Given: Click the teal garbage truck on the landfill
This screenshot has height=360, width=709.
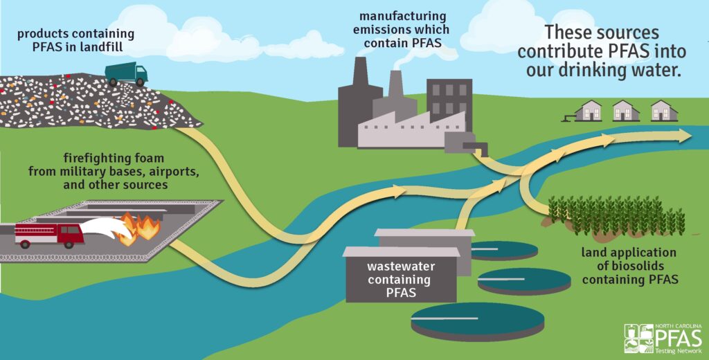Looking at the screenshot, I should (126, 73).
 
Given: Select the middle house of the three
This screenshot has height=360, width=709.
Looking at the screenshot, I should (625, 111).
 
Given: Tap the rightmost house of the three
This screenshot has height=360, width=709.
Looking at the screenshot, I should (663, 111).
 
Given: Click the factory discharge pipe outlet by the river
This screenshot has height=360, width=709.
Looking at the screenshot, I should (478, 147).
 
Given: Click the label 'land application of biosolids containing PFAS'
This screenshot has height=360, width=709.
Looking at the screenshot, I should (629, 266).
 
